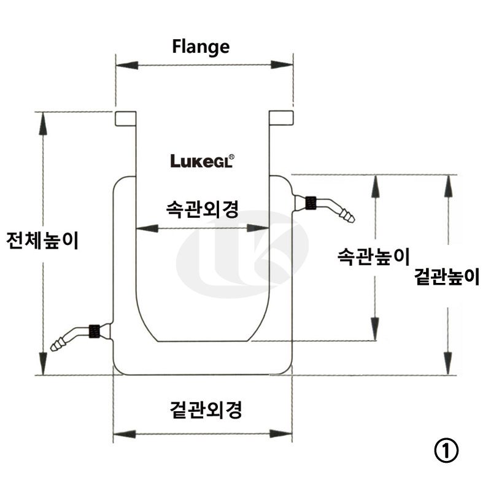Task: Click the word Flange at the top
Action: click(x=201, y=47)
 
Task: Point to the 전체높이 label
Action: click(x=42, y=241)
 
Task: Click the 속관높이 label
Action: click(x=373, y=256)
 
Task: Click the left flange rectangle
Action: click(x=125, y=118)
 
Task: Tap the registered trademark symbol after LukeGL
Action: click(x=232, y=157)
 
